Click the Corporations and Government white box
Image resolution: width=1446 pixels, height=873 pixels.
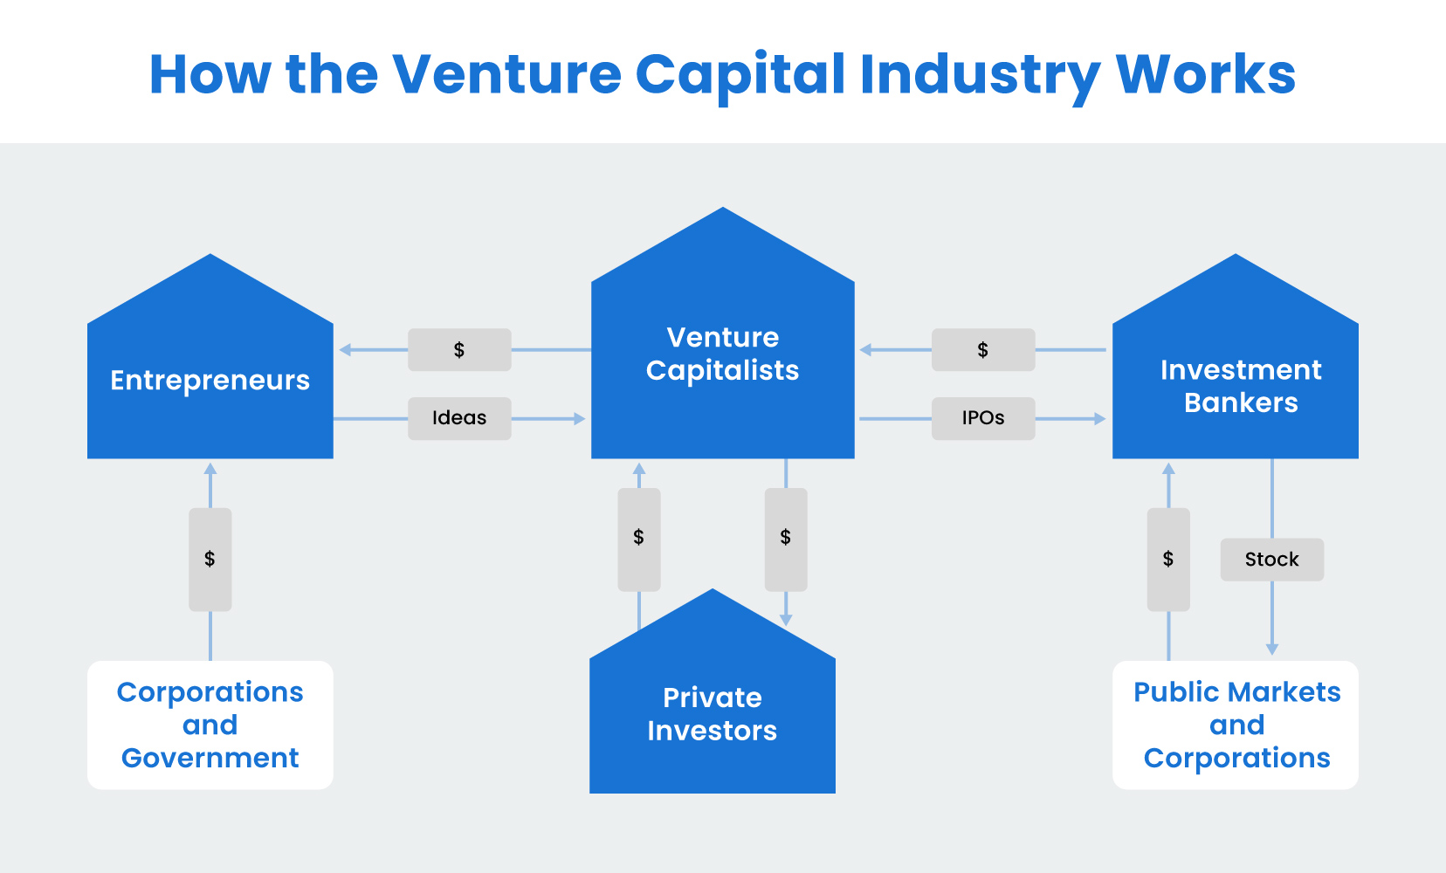(210, 725)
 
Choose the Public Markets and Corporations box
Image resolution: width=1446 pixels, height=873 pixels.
(1236, 725)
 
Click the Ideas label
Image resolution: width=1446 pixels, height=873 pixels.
(459, 418)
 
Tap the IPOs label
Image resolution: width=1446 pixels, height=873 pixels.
(983, 418)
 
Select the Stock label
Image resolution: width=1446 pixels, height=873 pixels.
(1271, 560)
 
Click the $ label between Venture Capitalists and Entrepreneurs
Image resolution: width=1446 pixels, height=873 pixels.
(459, 350)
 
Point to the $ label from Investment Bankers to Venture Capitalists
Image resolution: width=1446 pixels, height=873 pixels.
(983, 350)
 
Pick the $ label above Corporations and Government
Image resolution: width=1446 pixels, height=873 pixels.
(210, 560)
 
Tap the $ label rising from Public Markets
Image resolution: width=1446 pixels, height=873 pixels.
(1168, 560)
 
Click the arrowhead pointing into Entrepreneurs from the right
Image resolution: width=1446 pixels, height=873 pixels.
(345, 350)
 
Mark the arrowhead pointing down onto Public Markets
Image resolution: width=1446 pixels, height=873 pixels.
(1272, 649)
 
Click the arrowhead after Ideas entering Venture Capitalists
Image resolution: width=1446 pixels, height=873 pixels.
(579, 419)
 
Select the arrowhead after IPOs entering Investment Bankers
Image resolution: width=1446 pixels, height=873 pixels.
(1100, 419)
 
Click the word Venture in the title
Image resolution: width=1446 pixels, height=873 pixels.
(506, 74)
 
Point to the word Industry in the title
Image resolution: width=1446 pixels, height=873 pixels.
(980, 74)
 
